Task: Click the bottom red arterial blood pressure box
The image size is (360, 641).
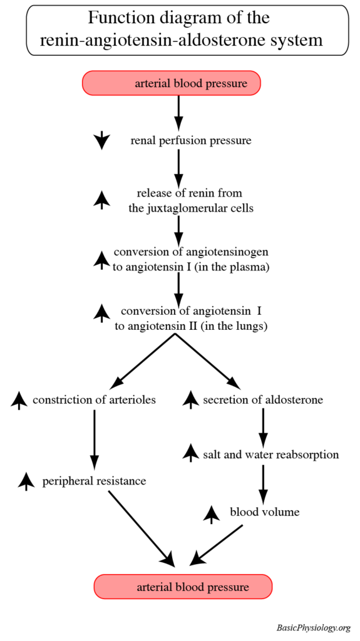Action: [x=183, y=587]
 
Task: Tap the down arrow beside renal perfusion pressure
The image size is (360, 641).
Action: [x=101, y=141]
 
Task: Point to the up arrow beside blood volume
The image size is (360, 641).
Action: [x=212, y=513]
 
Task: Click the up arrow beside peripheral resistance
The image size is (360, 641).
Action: [x=26, y=481]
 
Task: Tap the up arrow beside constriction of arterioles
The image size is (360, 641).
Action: [x=19, y=399]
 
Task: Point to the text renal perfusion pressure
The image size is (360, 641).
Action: [x=191, y=141]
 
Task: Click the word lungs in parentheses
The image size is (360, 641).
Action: [x=249, y=326]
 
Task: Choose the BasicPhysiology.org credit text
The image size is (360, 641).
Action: [x=313, y=628]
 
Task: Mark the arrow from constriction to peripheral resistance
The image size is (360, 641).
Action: [x=95, y=438]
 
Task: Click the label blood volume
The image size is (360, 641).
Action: [x=265, y=512]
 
